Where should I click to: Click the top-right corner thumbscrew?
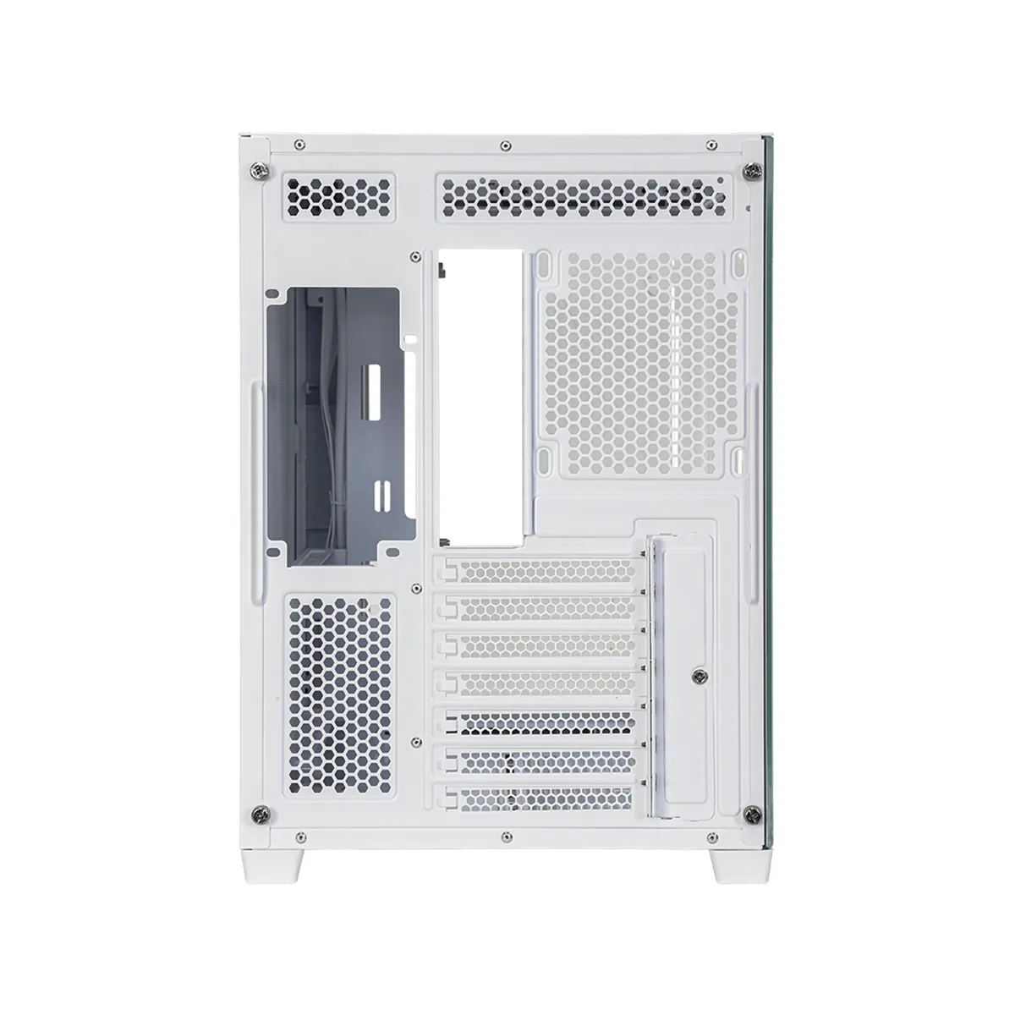749,171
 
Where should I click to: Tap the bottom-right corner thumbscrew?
749,815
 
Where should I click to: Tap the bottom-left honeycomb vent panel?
339,685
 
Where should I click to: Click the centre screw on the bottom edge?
504,842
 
